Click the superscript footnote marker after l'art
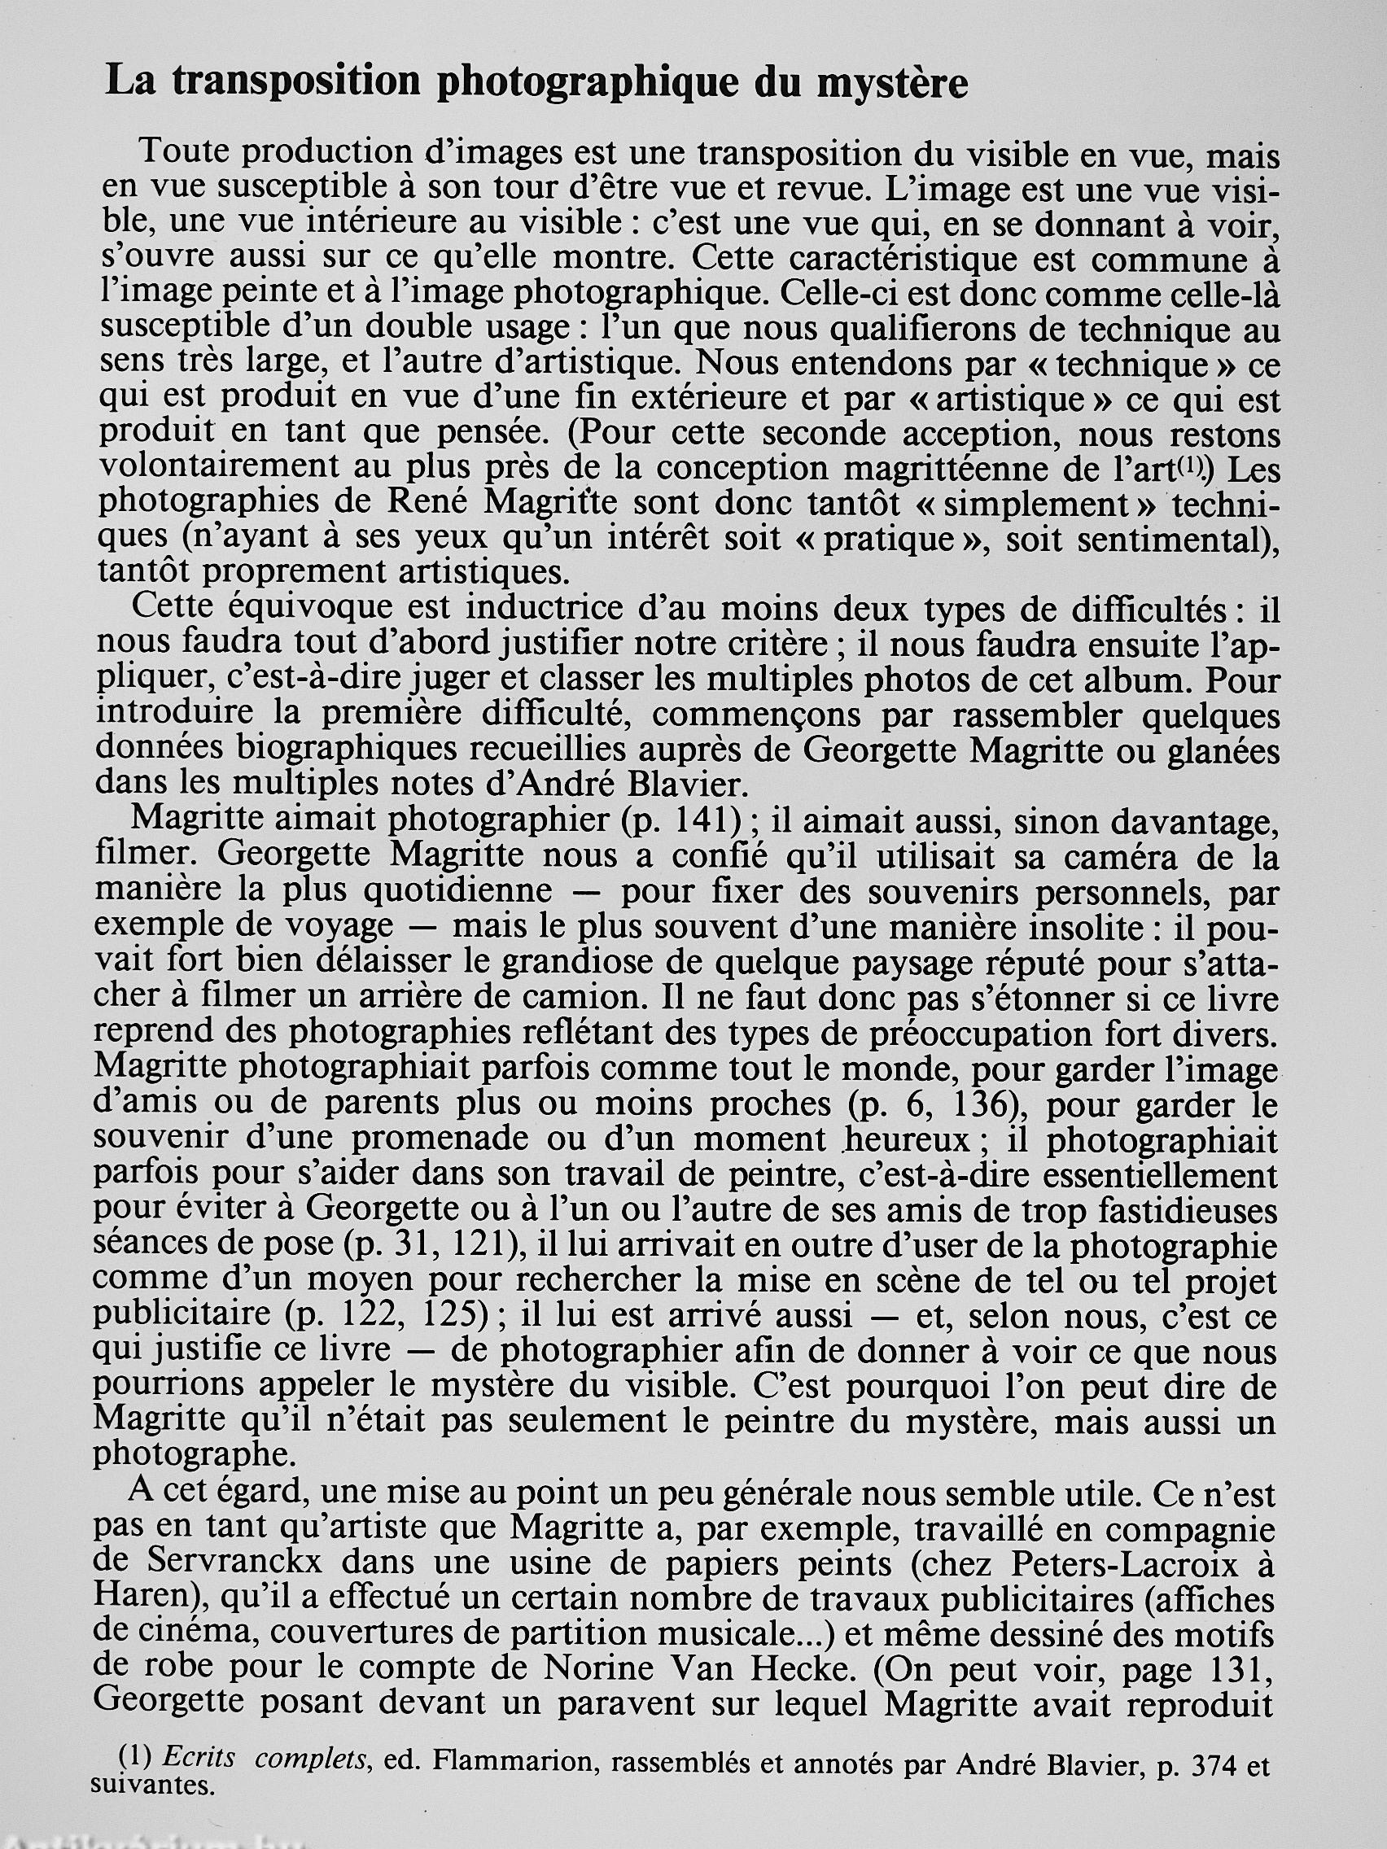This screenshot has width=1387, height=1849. pos(1191,470)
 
